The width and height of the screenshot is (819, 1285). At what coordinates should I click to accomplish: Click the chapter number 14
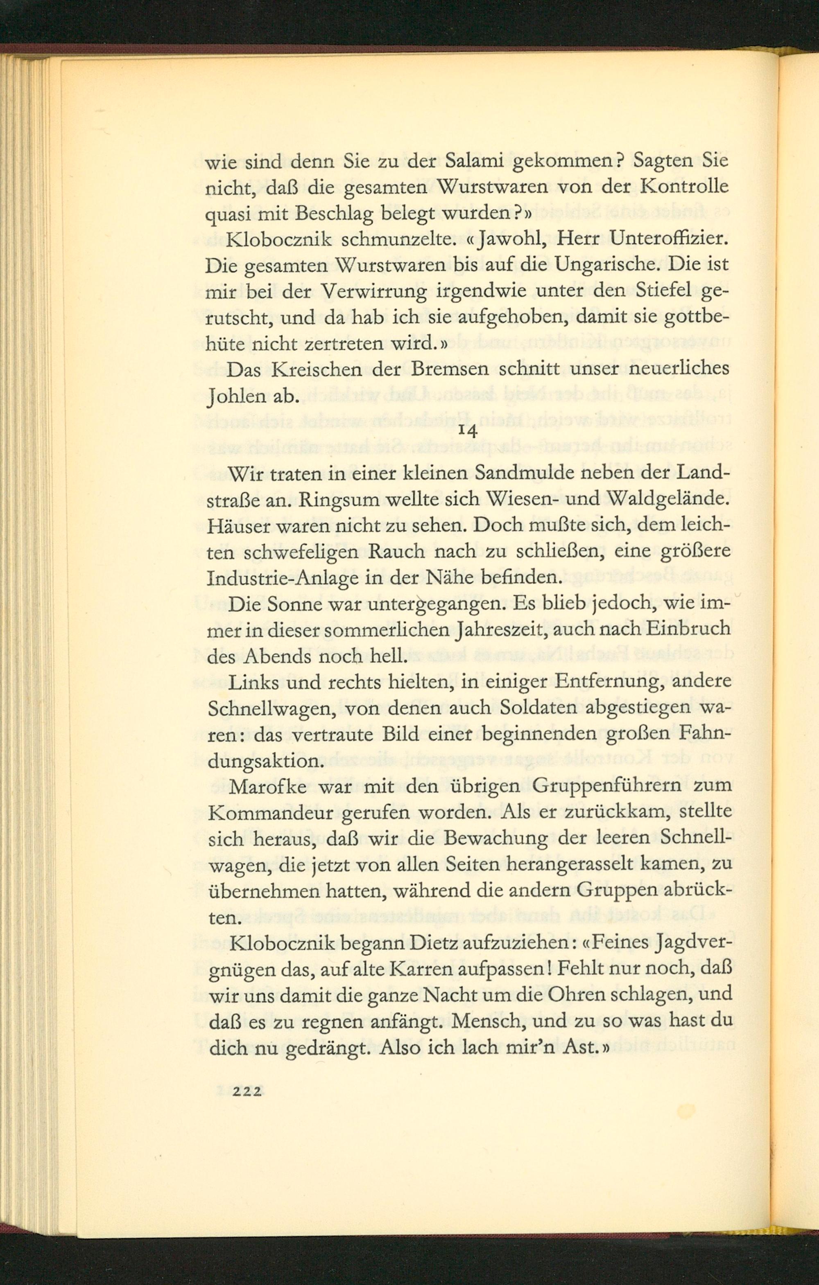coord(467,431)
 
